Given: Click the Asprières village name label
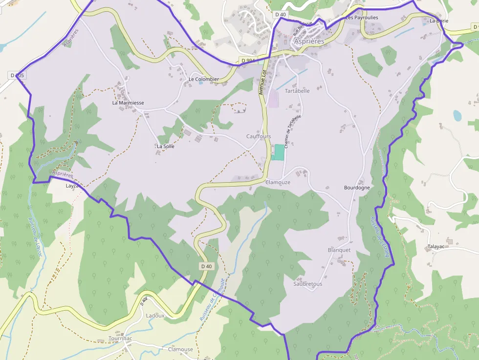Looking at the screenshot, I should pos(309,42).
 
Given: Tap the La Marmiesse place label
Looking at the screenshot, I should pos(128,103).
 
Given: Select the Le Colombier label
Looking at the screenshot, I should pos(204,79).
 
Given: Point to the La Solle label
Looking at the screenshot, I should pos(165,146).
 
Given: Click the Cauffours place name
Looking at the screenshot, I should pos(259,136).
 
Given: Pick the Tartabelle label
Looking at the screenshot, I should pos(297,91).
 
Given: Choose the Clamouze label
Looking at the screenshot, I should pos(278,182).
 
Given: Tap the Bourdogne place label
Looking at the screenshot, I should pos(357,188).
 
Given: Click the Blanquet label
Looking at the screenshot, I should pos(339,250).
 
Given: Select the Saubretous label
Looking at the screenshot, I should pos(308,284).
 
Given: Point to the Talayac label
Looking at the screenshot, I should pos(436,247).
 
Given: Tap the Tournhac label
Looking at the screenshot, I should pos(120,339).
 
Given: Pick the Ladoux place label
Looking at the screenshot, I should pos(155,316).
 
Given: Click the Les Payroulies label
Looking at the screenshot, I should pos(362,18).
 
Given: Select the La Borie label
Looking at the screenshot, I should pos(439,21).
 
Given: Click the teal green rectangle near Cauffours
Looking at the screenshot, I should pos(279,152).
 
